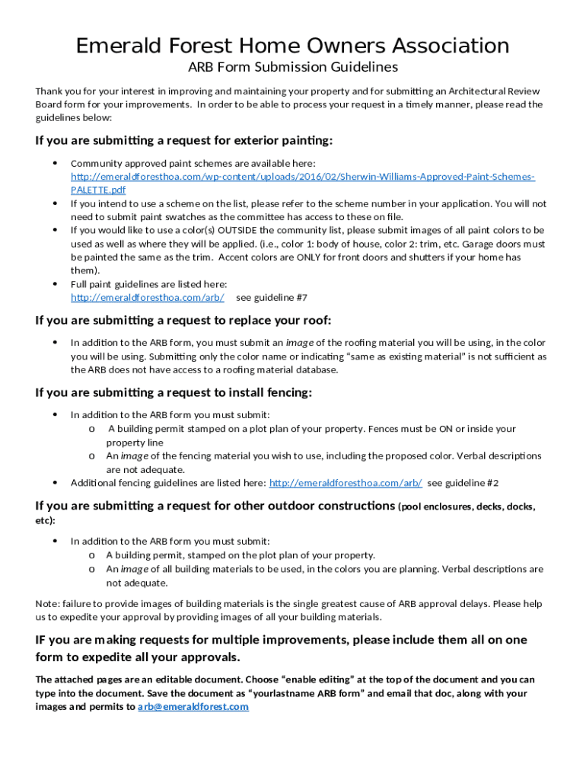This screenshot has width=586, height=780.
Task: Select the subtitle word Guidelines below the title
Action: tap(363, 67)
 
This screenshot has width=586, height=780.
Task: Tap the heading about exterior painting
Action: tap(184, 140)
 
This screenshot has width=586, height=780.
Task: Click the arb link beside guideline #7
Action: tap(148, 298)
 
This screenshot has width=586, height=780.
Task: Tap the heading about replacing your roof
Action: tap(183, 320)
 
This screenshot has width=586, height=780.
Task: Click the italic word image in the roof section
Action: tap(299, 344)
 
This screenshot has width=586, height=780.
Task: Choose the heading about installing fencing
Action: tap(174, 393)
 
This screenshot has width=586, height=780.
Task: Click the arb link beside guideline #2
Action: tap(346, 483)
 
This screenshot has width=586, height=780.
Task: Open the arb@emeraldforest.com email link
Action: tap(193, 707)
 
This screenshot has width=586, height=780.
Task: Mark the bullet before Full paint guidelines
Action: tap(56, 284)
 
